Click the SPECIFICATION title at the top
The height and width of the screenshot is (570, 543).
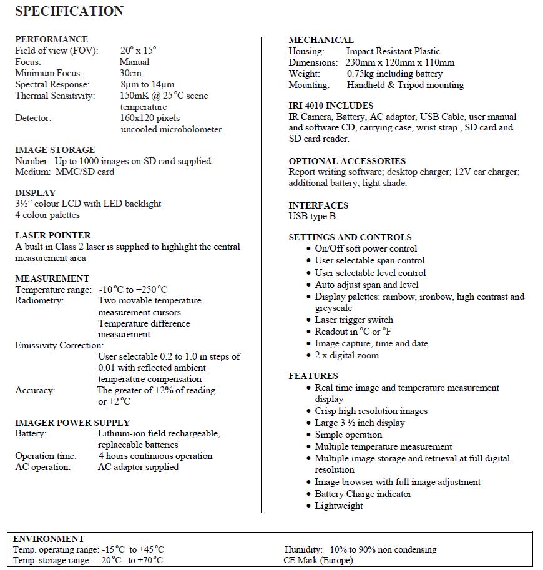pyautogui.click(x=69, y=11)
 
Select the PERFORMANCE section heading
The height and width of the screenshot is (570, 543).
pyautogui.click(x=52, y=39)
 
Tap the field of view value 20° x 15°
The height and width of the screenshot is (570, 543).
pyautogui.click(x=138, y=51)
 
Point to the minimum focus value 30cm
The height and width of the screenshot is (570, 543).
pyautogui.click(x=130, y=73)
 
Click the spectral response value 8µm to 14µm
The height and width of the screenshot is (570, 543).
pyautogui.click(x=147, y=84)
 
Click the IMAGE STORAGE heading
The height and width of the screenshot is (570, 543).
pyautogui.click(x=55, y=150)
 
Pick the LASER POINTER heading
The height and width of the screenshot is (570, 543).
pyautogui.click(x=53, y=235)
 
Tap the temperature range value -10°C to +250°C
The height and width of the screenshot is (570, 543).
pyautogui.click(x=133, y=290)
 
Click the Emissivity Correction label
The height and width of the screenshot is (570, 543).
pyautogui.click(x=59, y=345)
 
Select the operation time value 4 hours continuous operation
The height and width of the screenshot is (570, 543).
pyautogui.click(x=155, y=456)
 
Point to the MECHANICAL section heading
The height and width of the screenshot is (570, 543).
pyautogui.click(x=321, y=40)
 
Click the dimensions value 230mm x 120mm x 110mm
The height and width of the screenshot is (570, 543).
pyautogui.click(x=400, y=62)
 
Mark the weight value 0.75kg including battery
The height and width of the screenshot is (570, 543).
pyautogui.click(x=394, y=74)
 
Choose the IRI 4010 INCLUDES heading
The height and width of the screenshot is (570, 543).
pyautogui.click(x=331, y=106)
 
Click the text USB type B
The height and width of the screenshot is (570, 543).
pyautogui.click(x=312, y=216)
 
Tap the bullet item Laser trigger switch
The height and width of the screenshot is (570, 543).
pyautogui.click(x=354, y=320)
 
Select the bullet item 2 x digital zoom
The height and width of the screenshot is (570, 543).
pyautogui.click(x=346, y=355)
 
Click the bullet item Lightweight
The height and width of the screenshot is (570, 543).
pyautogui.click(x=338, y=506)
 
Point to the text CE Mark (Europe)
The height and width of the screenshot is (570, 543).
pyautogui.click(x=318, y=560)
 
